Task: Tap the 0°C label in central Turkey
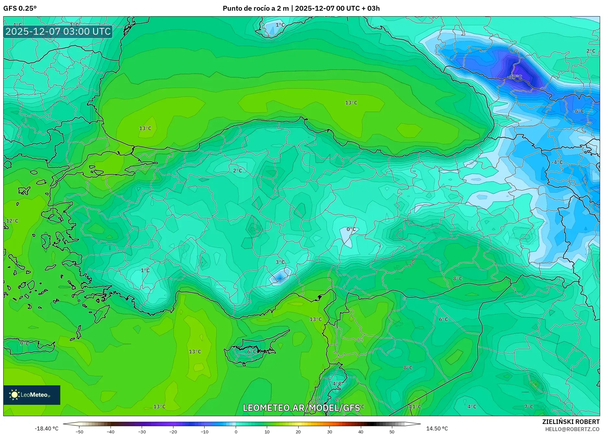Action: click(x=351, y=229)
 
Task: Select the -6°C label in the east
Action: click(x=578, y=111)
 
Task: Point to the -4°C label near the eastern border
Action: click(x=557, y=162)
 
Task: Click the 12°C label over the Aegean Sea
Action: click(x=12, y=221)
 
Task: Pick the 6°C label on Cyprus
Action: click(x=252, y=352)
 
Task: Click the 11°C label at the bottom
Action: click(x=415, y=407)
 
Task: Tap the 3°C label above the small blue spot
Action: click(x=280, y=262)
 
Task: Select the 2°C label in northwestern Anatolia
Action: click(x=238, y=171)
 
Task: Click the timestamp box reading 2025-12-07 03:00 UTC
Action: click(x=58, y=31)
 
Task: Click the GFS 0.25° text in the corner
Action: click(x=20, y=8)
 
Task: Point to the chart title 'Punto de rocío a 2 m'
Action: click(x=255, y=8)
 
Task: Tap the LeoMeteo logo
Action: click(x=32, y=395)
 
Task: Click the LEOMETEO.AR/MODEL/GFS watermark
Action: click(x=301, y=408)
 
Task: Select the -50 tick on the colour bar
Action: click(x=79, y=432)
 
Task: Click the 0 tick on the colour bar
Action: click(x=236, y=432)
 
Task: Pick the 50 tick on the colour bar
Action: click(x=392, y=432)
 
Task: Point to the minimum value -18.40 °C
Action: click(x=47, y=428)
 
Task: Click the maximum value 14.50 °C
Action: click(x=437, y=428)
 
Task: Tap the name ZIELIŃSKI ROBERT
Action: click(x=571, y=422)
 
